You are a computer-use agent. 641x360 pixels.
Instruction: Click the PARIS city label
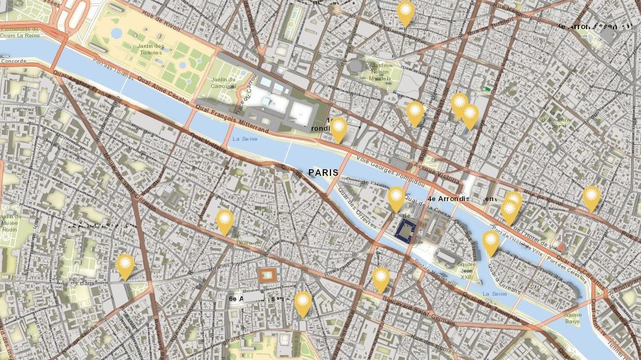click(323, 173)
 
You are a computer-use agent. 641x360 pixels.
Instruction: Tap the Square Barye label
click(572, 318)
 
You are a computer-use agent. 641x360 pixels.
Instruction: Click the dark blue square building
click(407, 230)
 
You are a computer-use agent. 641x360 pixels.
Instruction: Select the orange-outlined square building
click(267, 274)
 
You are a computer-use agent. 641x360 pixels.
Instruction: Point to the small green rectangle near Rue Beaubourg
click(487, 88)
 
